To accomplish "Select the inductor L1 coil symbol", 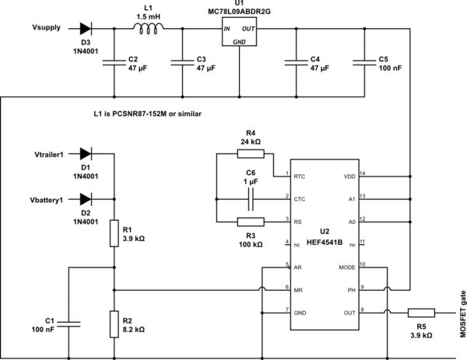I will click(x=148, y=29).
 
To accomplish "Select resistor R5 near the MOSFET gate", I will click(x=421, y=312).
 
